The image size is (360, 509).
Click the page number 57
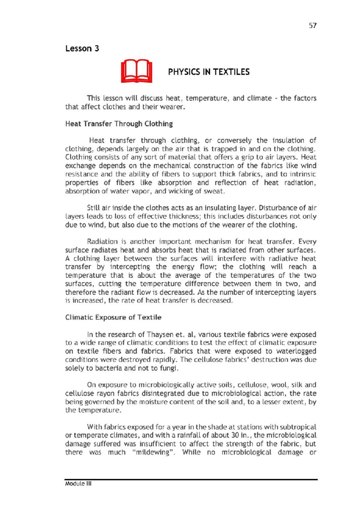pyautogui.click(x=313, y=25)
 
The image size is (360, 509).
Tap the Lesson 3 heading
pyautogui.click(x=82, y=49)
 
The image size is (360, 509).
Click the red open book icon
pyautogui.click(x=136, y=71)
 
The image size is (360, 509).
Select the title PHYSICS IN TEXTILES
pyautogui.click(x=208, y=72)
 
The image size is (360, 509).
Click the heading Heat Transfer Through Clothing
pyautogui.click(x=119, y=124)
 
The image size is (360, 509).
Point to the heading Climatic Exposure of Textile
pyautogui.click(x=113, y=317)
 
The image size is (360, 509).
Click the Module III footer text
pyautogui.click(x=78, y=484)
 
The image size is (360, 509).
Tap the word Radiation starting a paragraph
pyautogui.click(x=102, y=242)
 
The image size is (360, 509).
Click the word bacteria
pyautogui.click(x=108, y=368)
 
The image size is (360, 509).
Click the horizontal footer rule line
pyautogui.click(x=191, y=480)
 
